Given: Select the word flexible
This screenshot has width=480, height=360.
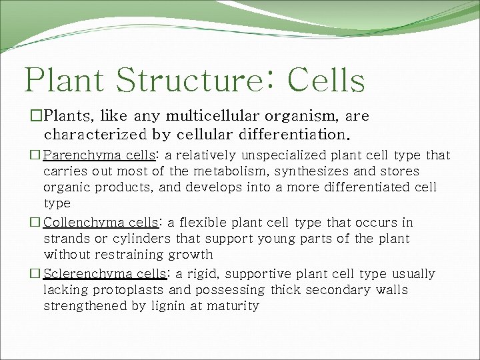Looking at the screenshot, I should pos(200,223).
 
